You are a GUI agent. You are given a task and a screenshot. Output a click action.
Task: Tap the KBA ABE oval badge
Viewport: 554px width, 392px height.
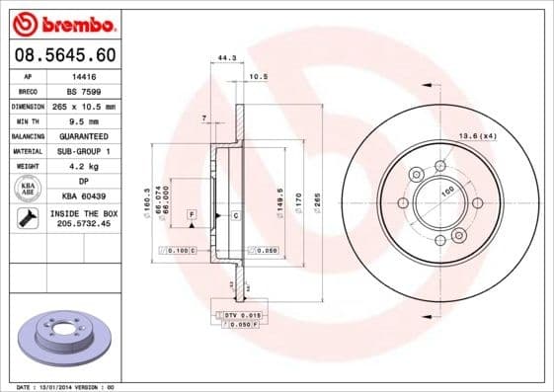point(29,189)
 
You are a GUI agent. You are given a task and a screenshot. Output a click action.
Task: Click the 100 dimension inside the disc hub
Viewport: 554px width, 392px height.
point(446,191)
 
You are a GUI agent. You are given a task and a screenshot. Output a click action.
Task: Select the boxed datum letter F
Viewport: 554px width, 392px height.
point(191,214)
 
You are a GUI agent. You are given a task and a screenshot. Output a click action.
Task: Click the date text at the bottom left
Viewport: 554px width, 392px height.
point(59,387)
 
